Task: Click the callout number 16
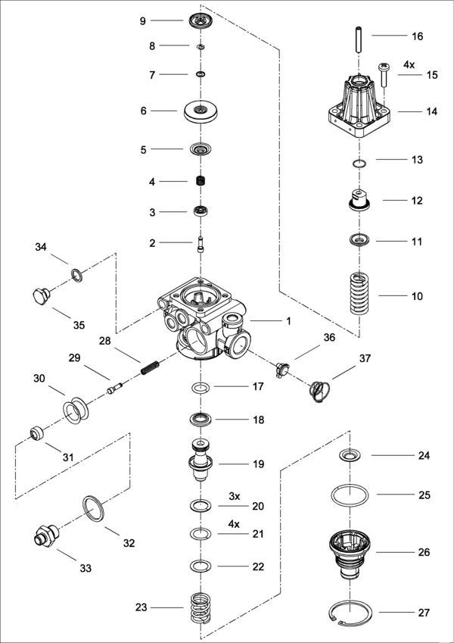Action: coord(417,36)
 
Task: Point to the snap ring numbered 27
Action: coord(353,612)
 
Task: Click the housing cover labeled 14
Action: coord(359,106)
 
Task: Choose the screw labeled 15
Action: coord(384,76)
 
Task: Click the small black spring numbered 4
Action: coord(201,182)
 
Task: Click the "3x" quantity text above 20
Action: coord(235,496)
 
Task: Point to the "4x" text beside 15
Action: coord(409,64)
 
